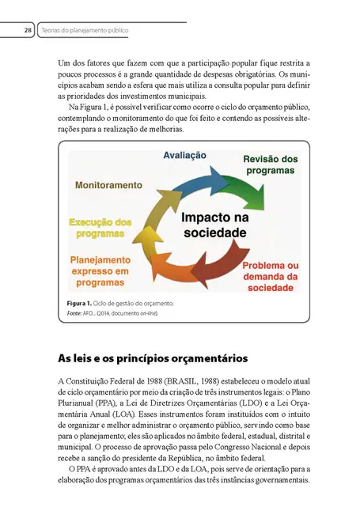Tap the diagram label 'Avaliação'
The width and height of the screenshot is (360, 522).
[x=185, y=156]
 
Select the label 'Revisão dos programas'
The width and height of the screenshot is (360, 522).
[x=270, y=165]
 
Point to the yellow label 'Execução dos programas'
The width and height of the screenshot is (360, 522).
[x=100, y=228]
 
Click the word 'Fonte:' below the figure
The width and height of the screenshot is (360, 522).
[x=78, y=314]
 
